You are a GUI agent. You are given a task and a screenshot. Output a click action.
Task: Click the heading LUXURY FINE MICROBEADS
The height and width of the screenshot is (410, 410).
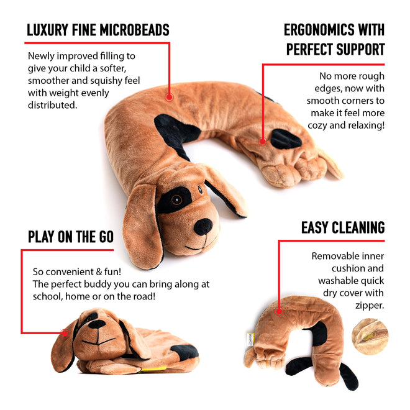[x=98, y=30]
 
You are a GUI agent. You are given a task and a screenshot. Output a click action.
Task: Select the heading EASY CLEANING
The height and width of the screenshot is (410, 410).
[x=343, y=227]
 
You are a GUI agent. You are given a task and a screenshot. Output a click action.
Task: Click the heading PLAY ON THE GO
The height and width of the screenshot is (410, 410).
[x=71, y=237]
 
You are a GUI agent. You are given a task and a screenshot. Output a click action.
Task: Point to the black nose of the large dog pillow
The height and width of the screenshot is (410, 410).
[x=203, y=227]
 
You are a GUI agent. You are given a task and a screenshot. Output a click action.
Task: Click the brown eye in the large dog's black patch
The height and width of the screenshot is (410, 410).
[x=176, y=200]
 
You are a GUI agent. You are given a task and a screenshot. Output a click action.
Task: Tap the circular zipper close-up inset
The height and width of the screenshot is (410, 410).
[x=370, y=337]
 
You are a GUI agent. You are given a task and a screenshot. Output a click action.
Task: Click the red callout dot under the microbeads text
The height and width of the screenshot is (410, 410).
[x=169, y=98]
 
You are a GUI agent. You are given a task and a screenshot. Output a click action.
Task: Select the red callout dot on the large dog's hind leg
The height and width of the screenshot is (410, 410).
[x=263, y=142]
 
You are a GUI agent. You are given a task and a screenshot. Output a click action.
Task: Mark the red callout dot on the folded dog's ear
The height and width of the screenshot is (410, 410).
[x=65, y=333]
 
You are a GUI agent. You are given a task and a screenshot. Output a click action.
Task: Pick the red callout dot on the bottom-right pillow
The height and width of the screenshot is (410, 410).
[x=279, y=311]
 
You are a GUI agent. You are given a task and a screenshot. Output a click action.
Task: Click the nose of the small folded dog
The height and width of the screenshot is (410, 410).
[x=97, y=324]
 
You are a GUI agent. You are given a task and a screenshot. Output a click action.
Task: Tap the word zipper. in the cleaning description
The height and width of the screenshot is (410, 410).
[x=370, y=306]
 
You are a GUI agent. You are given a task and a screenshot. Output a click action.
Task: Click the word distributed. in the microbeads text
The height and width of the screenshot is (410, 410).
[x=53, y=105]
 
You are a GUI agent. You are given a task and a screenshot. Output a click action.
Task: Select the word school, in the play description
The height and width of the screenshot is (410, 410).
[x=48, y=296]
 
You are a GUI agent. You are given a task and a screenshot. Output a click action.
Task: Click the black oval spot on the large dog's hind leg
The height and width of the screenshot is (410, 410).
[x=286, y=139]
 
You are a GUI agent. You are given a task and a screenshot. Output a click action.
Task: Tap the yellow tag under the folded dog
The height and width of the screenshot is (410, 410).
[x=153, y=369]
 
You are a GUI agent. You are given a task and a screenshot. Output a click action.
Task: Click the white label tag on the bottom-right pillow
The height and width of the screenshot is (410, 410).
[x=250, y=339]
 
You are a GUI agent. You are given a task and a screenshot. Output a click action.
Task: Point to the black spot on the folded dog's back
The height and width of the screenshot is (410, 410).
[x=184, y=352]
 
